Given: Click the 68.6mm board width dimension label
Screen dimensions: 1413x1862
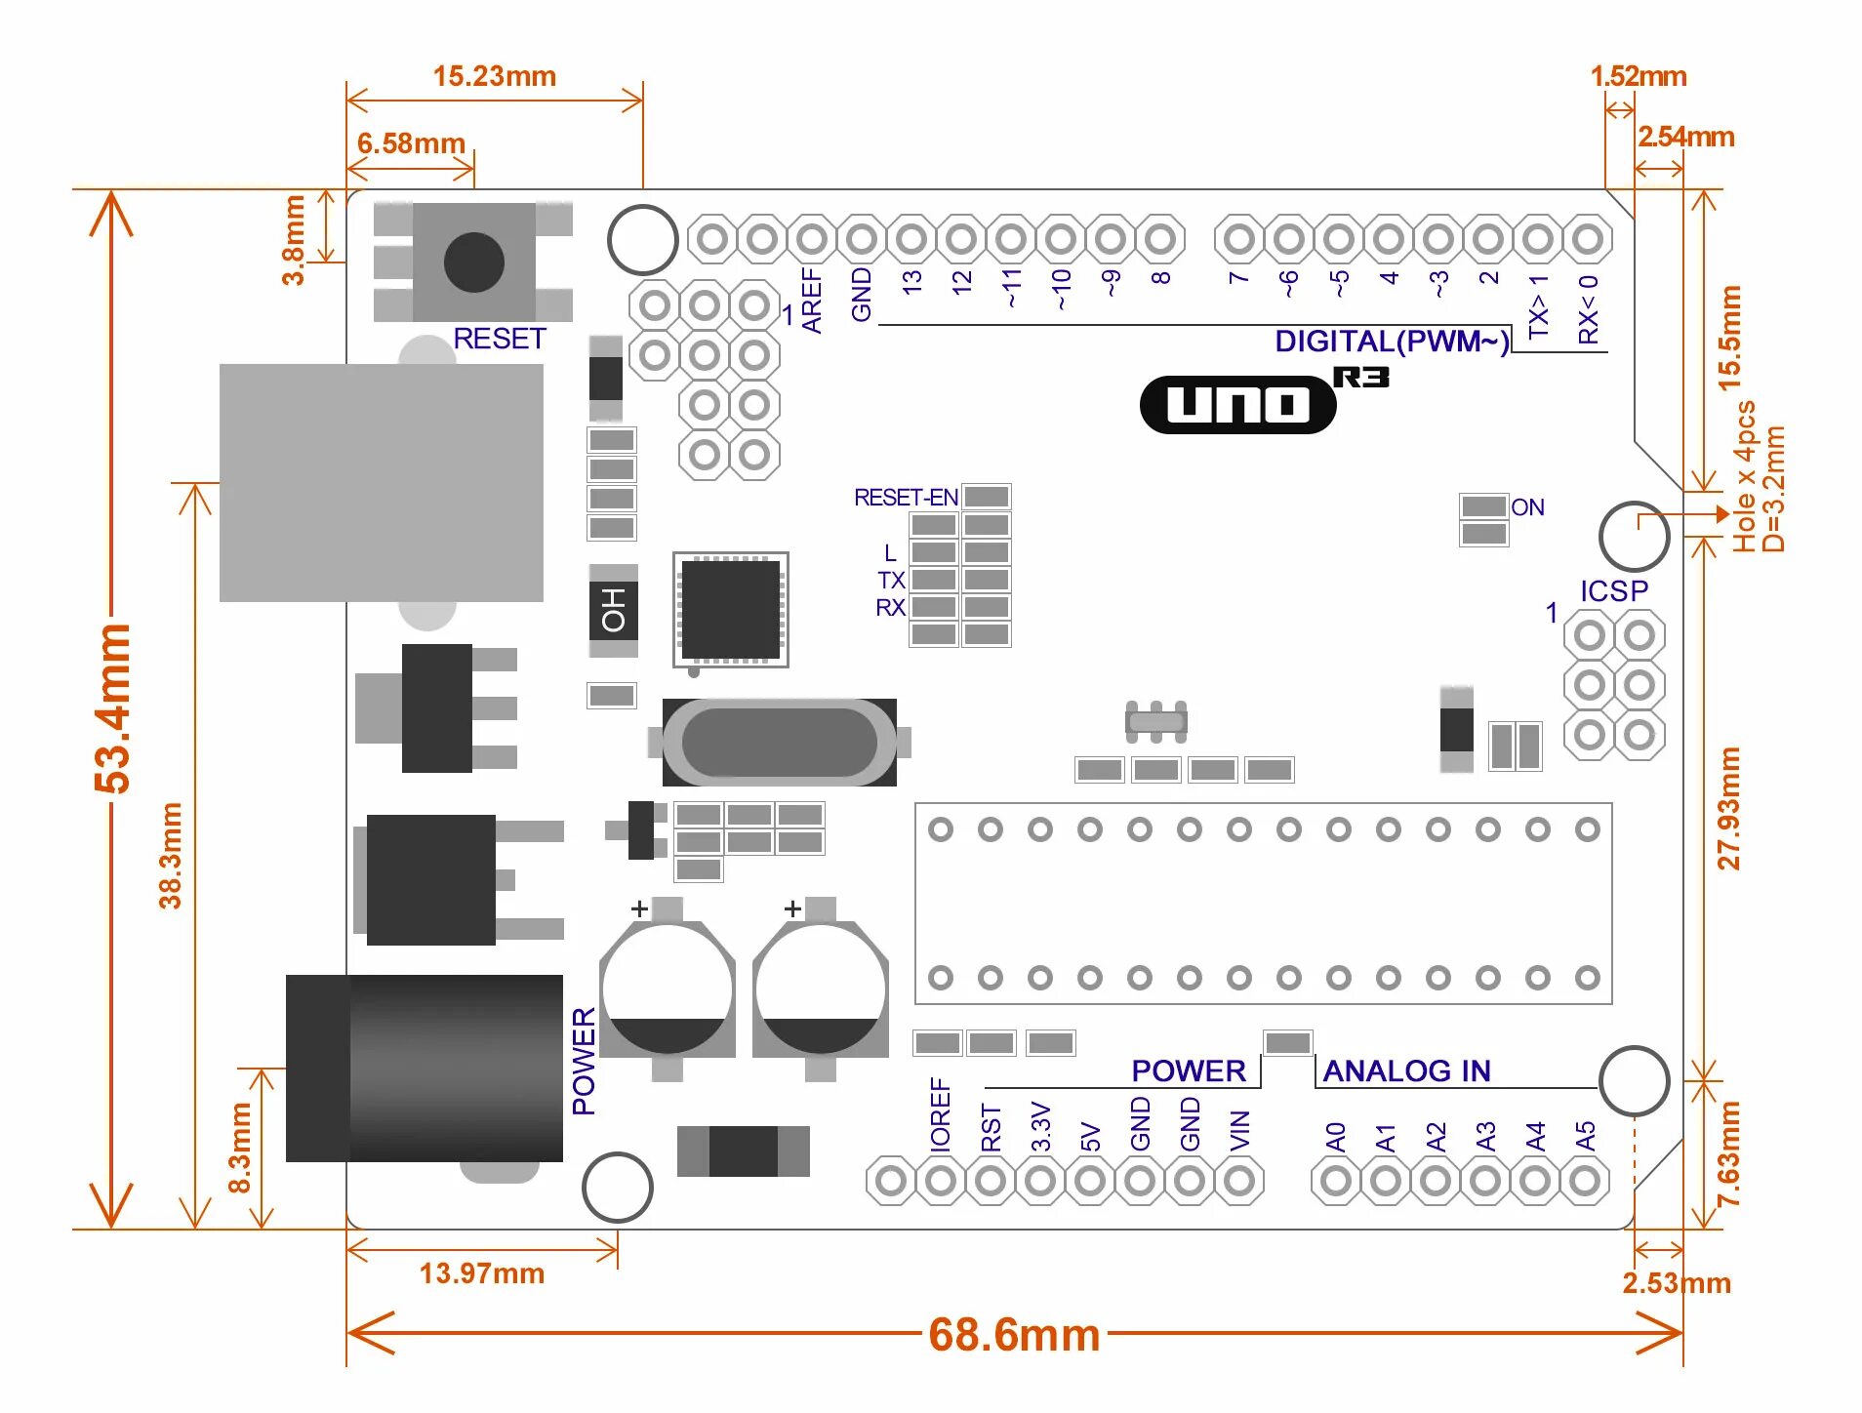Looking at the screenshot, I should [1014, 1334].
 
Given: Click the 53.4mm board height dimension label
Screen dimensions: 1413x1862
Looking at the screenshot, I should [113, 708].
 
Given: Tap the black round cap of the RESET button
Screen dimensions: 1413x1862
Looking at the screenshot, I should [473, 262].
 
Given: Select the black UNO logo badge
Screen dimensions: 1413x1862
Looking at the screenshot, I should [1237, 404].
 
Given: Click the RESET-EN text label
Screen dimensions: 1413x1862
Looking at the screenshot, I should [905, 498].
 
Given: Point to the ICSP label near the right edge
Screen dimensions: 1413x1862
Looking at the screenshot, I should [1613, 591].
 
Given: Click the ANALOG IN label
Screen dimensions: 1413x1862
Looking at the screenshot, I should [1406, 1071].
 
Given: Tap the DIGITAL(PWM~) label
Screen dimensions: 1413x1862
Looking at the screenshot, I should [1391, 342].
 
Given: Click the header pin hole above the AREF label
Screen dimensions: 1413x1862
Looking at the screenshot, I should [811, 238].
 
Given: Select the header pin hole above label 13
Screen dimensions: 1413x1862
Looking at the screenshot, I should [911, 238].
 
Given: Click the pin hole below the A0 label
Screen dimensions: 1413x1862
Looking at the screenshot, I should [1336, 1181].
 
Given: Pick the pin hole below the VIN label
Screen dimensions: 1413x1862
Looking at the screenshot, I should [1239, 1181].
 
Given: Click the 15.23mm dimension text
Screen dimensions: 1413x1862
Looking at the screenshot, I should [494, 76].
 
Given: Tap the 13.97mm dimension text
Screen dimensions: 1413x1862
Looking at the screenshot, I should [481, 1273].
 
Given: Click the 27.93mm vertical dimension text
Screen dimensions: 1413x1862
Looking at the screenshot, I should [1728, 808].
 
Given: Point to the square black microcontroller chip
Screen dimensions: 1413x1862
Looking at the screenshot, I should [730, 609].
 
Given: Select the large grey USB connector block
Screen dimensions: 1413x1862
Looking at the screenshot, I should [381, 483].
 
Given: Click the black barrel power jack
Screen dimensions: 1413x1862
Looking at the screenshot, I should [425, 1068].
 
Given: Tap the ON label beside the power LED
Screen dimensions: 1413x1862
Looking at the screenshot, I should [1527, 507].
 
